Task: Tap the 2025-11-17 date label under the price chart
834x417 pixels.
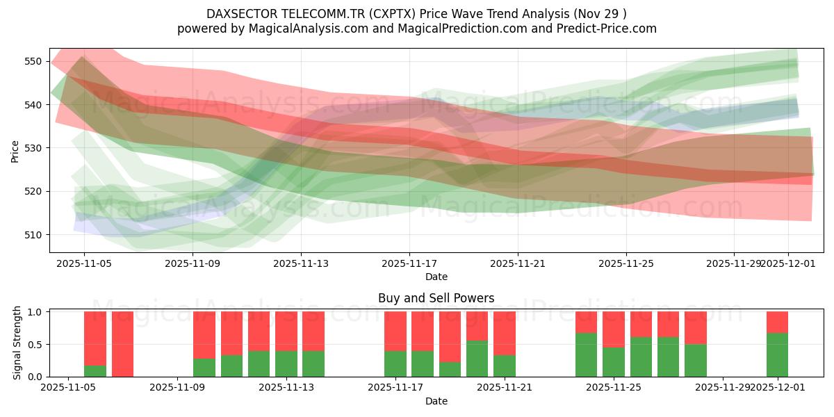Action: click(x=409, y=263)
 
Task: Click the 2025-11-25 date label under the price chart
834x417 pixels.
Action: click(x=626, y=263)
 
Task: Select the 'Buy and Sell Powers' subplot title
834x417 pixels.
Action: click(x=436, y=298)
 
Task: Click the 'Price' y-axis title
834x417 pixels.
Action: click(x=15, y=151)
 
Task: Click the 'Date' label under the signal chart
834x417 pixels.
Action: click(x=436, y=401)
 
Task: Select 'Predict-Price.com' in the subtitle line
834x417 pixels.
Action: click(x=607, y=28)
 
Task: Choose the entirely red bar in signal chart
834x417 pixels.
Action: click(x=122, y=344)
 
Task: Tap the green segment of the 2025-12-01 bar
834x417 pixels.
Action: click(x=777, y=355)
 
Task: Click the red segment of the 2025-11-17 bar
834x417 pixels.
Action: click(x=395, y=331)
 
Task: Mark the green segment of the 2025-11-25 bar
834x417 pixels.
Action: click(x=614, y=362)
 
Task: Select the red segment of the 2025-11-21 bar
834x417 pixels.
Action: click(x=505, y=334)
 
